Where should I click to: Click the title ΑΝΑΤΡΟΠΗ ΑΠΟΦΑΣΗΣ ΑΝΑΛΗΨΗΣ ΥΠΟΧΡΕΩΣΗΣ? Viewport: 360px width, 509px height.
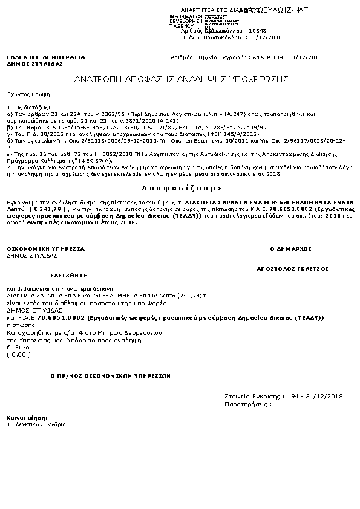click(x=181, y=79)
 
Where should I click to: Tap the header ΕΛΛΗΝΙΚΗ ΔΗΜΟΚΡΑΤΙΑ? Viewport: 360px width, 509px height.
click(x=46, y=57)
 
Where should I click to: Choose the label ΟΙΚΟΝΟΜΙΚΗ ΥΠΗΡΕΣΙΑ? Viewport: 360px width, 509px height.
click(x=46, y=248)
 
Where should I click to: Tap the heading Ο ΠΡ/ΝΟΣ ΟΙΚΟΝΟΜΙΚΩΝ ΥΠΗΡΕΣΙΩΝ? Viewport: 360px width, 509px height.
click(x=110, y=375)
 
